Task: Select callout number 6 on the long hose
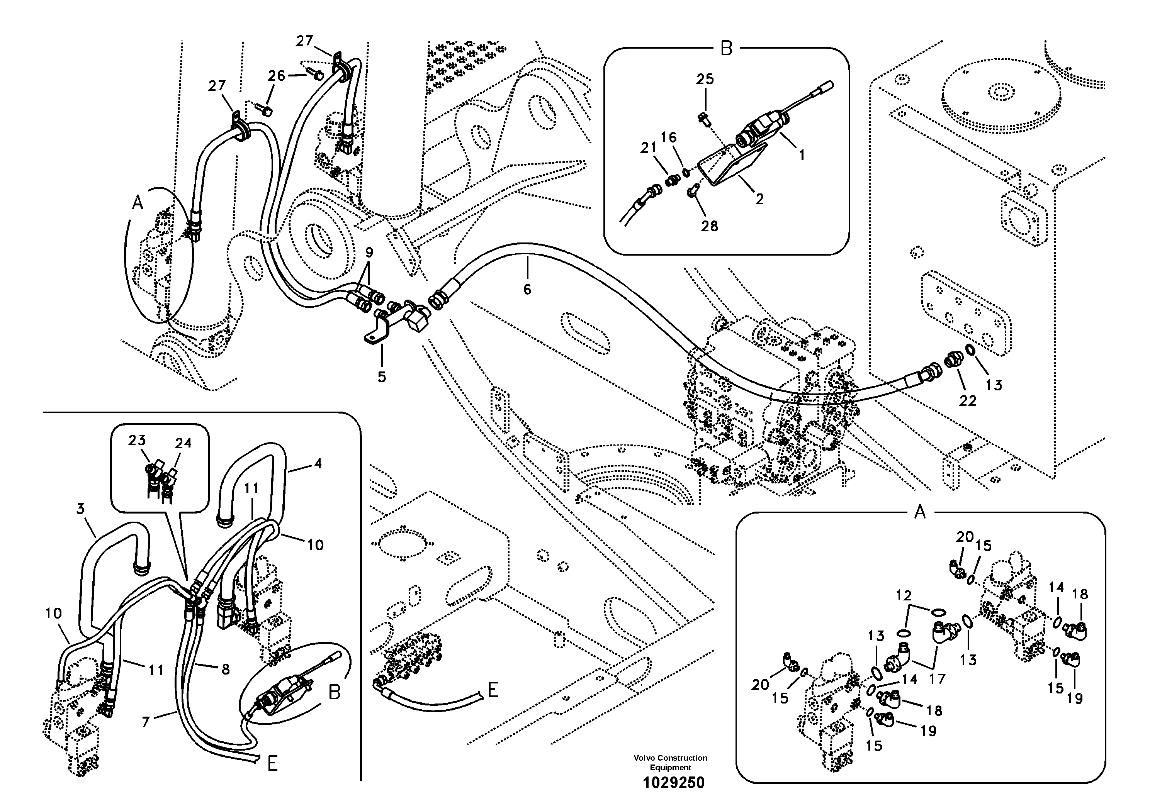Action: tap(527, 289)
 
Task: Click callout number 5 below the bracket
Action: tap(382, 377)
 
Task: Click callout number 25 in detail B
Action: tap(705, 80)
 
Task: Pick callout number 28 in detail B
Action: tap(709, 226)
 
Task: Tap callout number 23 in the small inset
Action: tap(136, 440)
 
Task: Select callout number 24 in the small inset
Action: tap(183, 443)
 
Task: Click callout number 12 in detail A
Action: tap(904, 596)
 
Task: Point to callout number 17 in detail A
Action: tap(937, 678)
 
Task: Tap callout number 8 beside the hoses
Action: tap(225, 669)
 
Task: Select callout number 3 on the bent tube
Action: tap(80, 509)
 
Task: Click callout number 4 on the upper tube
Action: tap(318, 464)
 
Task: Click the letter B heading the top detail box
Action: tap(726, 49)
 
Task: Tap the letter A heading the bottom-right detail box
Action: tap(920, 512)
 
